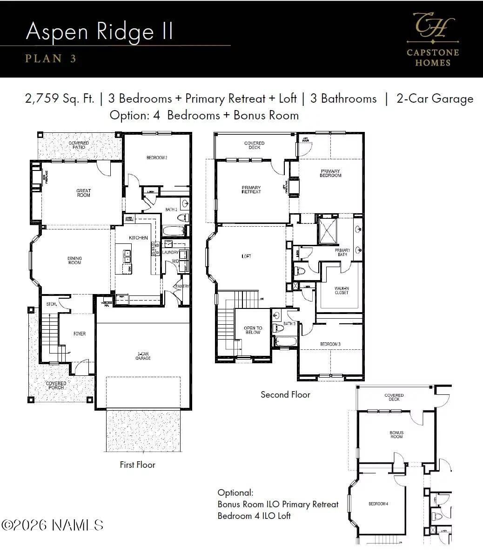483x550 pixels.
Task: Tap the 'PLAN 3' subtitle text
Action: [51, 59]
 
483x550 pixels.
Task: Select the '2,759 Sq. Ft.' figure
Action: [60, 98]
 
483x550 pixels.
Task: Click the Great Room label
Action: [84, 193]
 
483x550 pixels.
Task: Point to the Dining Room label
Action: [74, 261]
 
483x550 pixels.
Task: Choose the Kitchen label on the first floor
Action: [138, 238]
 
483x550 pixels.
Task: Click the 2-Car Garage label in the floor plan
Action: [143, 356]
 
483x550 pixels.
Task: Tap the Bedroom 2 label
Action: [157, 158]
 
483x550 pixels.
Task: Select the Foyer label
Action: [80, 334]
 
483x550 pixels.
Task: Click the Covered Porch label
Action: [56, 385]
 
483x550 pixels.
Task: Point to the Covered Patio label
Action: [79, 145]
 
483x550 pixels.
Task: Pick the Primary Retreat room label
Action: [251, 190]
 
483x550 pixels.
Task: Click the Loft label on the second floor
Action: [247, 256]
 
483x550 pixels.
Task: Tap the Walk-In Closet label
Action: [342, 290]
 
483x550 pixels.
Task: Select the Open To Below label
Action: [253, 330]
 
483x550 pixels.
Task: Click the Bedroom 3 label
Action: [330, 344]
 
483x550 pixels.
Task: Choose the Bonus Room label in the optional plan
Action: [396, 435]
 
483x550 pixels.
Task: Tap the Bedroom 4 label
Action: [378, 504]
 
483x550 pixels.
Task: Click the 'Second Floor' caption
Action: [285, 395]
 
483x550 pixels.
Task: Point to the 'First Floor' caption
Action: [137, 465]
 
